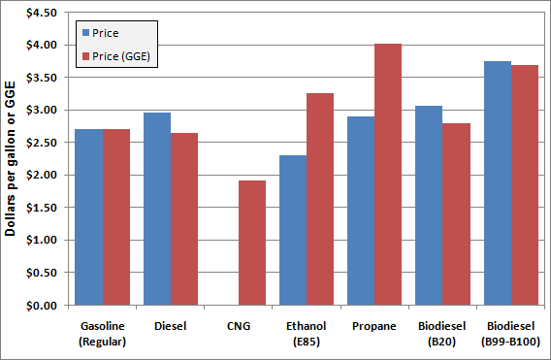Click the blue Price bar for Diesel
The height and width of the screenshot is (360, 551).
pyautogui.click(x=157, y=209)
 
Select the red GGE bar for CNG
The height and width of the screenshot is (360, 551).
pyautogui.click(x=252, y=243)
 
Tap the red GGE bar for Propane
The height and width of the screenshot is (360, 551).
pyautogui.click(x=388, y=175)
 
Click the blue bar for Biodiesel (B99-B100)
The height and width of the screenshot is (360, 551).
pyautogui.click(x=498, y=183)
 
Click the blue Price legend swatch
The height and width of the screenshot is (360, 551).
pyautogui.click(x=84, y=33)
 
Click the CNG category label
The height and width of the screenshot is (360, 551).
pyautogui.click(x=238, y=325)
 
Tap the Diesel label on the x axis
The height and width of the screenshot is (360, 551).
pyautogui.click(x=171, y=325)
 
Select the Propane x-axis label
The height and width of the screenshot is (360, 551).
pyautogui.click(x=374, y=325)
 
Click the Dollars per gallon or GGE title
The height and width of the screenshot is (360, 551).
pyautogui.click(x=13, y=159)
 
